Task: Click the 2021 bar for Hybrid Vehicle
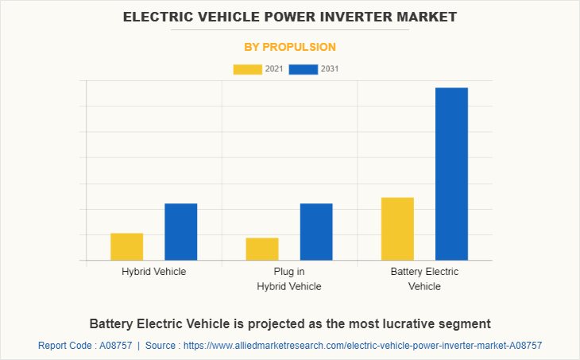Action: point(126,246)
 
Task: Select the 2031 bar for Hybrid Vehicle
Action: point(181,231)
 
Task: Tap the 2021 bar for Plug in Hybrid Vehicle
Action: point(262,249)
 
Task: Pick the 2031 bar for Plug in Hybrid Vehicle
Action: point(316,231)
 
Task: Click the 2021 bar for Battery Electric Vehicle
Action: point(397,228)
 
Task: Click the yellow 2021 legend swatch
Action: point(248,69)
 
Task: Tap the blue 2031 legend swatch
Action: point(304,69)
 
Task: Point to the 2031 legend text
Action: point(330,69)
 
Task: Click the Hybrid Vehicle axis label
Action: point(154,272)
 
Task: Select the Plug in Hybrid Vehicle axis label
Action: point(289,279)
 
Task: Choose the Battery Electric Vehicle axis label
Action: point(424,279)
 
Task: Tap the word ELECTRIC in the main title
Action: point(159,17)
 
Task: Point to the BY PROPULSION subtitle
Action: point(290,47)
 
